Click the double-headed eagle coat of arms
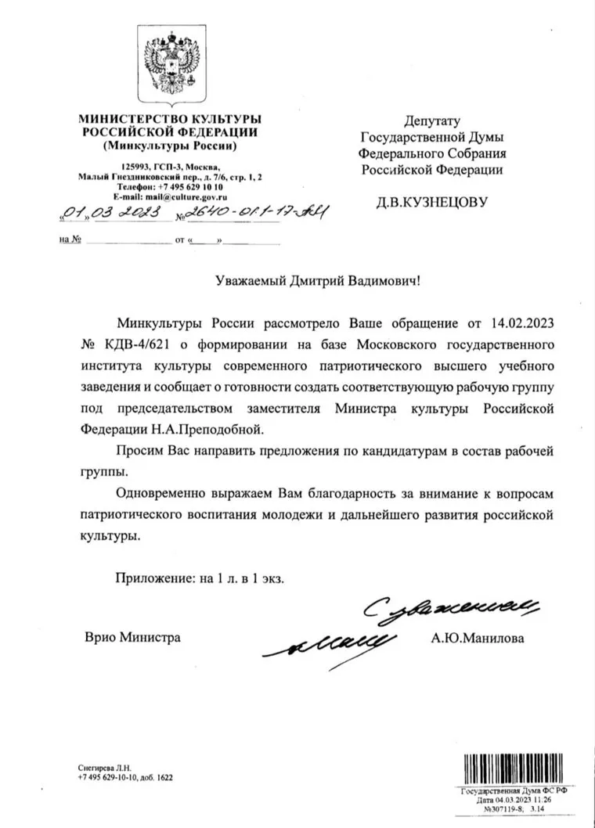pos(170,66)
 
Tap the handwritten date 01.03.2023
pos(104,211)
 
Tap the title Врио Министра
pos(132,638)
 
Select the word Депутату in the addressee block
pos(431,121)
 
